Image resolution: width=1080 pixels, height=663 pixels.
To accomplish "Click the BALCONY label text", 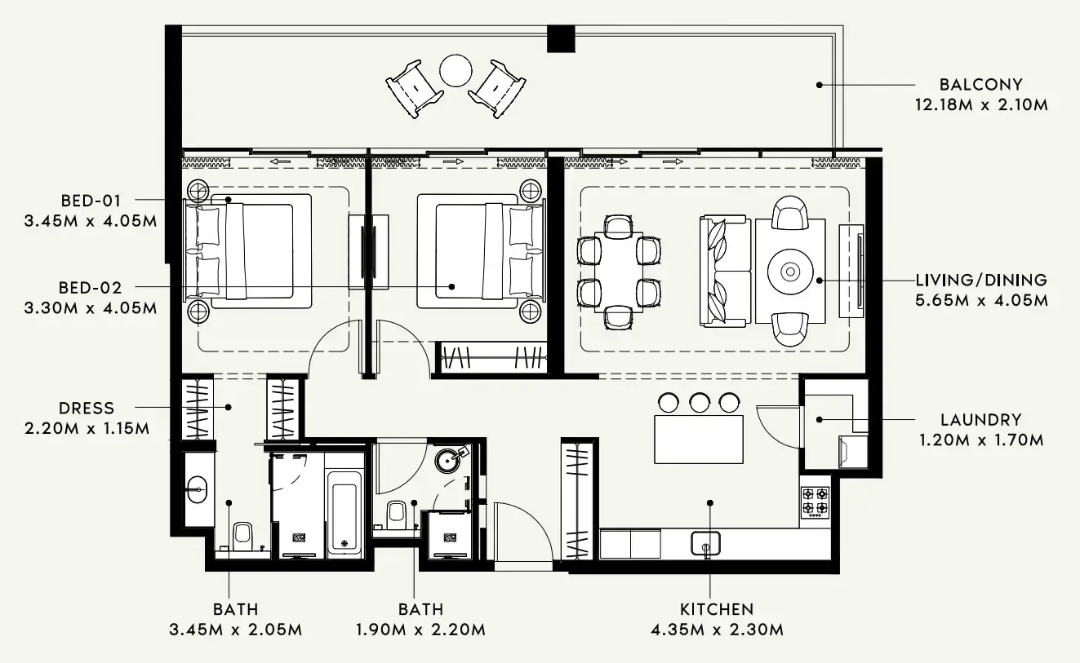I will (x=980, y=84).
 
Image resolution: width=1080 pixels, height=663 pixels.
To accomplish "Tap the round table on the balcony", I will (x=456, y=70).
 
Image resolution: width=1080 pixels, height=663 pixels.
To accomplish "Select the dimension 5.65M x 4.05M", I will (x=981, y=300).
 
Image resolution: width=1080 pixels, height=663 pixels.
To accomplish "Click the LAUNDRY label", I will (x=980, y=420).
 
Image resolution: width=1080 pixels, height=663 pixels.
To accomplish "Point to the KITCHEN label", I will (x=717, y=609).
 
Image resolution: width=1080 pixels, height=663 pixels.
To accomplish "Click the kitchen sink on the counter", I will (x=705, y=542).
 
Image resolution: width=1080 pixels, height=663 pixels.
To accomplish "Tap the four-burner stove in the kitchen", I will (x=814, y=502).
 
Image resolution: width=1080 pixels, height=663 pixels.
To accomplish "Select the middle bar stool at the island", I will (x=699, y=402).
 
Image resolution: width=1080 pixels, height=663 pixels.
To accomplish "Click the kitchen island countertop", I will (x=699, y=439).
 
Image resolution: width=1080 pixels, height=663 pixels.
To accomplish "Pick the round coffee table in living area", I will (x=790, y=272).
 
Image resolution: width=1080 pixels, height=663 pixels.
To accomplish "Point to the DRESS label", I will (x=87, y=408).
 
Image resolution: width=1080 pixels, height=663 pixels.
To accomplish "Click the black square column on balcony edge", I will (x=561, y=38).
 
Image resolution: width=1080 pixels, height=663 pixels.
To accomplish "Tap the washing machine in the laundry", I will (x=853, y=451).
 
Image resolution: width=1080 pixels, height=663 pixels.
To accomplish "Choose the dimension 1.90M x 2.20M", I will (x=420, y=630).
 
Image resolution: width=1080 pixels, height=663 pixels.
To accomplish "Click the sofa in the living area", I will (x=724, y=271).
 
